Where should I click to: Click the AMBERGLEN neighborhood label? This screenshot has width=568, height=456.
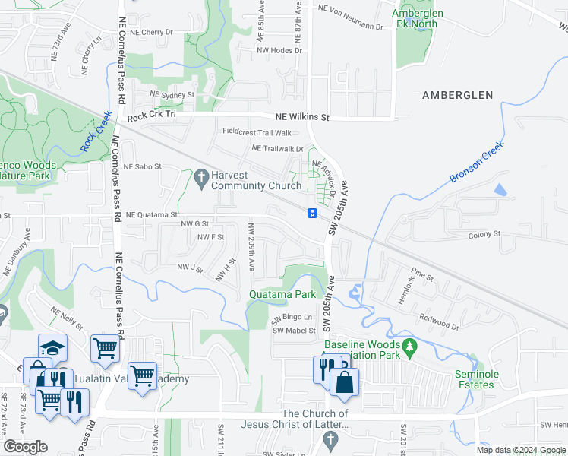[x=458, y=95]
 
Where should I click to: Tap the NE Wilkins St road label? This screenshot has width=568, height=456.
[x=302, y=118]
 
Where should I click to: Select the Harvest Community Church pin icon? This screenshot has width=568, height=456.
[x=200, y=179]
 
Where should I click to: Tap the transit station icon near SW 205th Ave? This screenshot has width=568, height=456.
[x=311, y=213]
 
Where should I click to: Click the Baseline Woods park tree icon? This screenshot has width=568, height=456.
[x=411, y=348]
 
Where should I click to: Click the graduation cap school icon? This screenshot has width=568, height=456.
[x=52, y=348]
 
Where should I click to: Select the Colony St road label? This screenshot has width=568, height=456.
[x=484, y=234]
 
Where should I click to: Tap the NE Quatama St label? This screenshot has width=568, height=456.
[x=151, y=215]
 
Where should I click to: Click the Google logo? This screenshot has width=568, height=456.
[x=25, y=447]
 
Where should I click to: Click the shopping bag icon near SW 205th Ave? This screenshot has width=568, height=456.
[x=345, y=382]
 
